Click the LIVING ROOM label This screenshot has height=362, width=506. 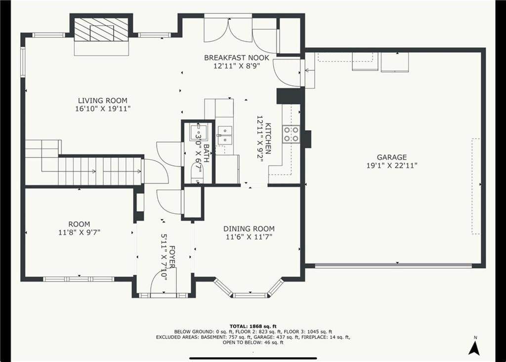[x=103, y=101]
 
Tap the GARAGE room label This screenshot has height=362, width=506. [x=392, y=157]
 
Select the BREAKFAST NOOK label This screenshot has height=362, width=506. [x=237, y=58]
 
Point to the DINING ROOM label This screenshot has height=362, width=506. [x=249, y=229]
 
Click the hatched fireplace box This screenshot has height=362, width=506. [x=102, y=29]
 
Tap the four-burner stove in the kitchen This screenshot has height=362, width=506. [x=291, y=134]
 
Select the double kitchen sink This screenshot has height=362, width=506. [x=225, y=136]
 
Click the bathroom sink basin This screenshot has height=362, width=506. [x=198, y=132]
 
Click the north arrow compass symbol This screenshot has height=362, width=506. [x=474, y=347]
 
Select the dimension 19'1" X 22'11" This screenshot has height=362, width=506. [x=392, y=166]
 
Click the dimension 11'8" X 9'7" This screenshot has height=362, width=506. [x=79, y=232]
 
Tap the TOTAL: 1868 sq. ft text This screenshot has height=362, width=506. [x=253, y=326]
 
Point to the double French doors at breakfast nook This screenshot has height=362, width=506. [x=228, y=30]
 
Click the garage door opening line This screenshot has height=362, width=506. [x=393, y=266]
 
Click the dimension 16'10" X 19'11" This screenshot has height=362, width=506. [x=103, y=109]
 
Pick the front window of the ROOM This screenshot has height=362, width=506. [x=79, y=279]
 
